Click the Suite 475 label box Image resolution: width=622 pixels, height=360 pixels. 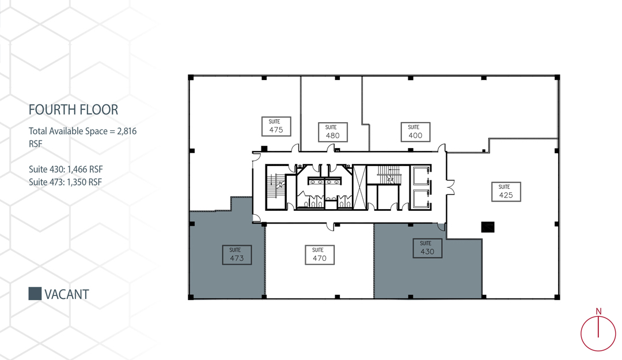276,126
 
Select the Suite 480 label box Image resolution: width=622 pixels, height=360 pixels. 332,132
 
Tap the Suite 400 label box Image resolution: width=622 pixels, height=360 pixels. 415,132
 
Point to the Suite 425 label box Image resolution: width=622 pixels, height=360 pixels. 506,192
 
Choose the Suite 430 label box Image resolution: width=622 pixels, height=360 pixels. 427,248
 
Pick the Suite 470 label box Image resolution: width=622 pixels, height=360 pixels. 319,255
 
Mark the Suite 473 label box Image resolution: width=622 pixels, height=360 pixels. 237,255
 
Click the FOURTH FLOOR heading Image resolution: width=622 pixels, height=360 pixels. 73,109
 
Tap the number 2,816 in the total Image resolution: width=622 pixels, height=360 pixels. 127,131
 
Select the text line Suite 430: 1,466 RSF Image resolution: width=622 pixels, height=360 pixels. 66,169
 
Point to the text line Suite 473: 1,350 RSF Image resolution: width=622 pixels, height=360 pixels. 66,182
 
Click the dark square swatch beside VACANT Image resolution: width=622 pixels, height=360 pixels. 35,294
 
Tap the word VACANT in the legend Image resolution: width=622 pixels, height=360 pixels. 67,294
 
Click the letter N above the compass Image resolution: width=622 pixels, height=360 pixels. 598,312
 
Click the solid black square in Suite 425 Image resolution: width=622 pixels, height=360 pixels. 488,227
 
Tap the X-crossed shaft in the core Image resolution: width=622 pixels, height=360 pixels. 360,187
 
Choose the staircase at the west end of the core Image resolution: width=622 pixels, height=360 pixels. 275,187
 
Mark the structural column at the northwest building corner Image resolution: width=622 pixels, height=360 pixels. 191,77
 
